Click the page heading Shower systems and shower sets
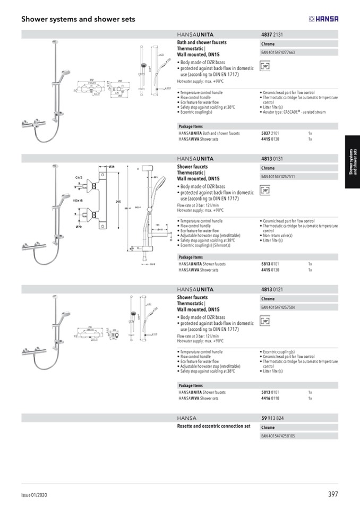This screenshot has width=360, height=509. pos(78,19)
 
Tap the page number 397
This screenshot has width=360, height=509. pos(333,494)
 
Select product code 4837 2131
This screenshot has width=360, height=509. pos(272,34)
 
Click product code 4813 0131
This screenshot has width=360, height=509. pos(272,158)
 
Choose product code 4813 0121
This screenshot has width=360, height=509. pos(272,289)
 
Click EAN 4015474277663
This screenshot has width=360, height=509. pos(278,53)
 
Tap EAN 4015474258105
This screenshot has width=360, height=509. pos(278,436)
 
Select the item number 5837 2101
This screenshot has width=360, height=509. pos(271,133)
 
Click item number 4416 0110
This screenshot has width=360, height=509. pos(271,398)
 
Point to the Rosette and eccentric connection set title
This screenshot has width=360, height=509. pos(213,426)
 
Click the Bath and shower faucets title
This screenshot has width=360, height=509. pos(202,42)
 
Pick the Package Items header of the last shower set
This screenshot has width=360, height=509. pos(191,386)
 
